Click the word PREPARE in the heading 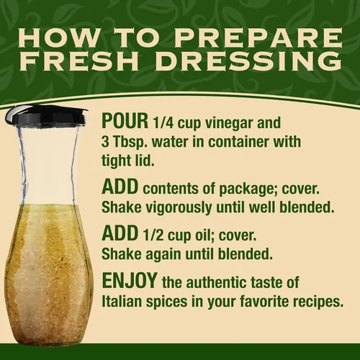click(x=258, y=37)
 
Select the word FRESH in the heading click(x=79, y=60)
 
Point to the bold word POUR click(x=125, y=121)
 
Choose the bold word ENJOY click(x=130, y=280)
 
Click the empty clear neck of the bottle click(x=49, y=166)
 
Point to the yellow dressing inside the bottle click(x=48, y=271)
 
